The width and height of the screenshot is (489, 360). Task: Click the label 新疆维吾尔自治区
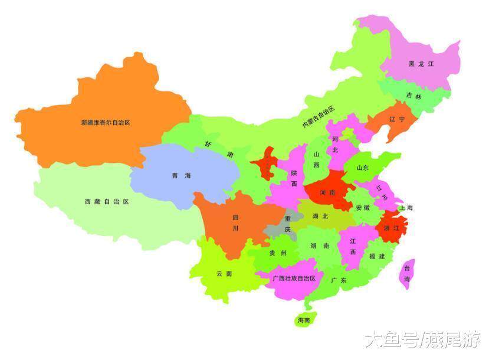105,123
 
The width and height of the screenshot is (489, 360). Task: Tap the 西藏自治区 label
106,201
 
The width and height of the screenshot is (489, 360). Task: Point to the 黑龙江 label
421,64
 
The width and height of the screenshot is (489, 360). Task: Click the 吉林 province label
413,96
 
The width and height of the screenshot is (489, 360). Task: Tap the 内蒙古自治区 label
318,116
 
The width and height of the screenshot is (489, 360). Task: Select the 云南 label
224,273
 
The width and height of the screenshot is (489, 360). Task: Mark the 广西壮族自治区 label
294,278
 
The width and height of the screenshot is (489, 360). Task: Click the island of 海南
304,320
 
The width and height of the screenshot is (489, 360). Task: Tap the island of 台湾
407,274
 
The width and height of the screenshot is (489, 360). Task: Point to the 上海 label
405,208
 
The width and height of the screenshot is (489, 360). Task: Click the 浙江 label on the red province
391,227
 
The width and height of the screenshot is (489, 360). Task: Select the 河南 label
328,192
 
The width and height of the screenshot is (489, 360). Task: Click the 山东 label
362,168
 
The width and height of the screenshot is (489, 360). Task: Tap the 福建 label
376,256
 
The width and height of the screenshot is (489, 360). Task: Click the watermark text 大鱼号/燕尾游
421,339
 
